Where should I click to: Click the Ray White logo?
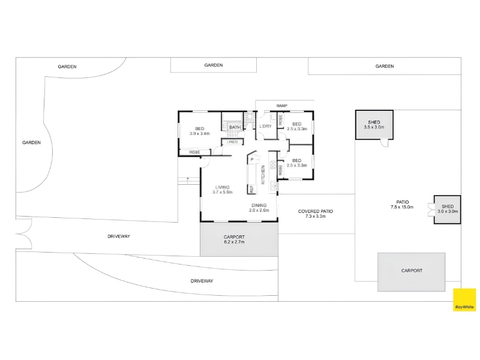tap(464, 299)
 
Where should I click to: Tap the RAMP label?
tap(281, 106)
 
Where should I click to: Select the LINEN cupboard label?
tap(233, 142)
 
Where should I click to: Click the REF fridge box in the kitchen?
tap(251, 189)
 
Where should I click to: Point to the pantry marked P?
tap(252, 159)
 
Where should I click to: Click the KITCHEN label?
tap(263, 175)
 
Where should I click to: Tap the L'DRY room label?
tap(265, 126)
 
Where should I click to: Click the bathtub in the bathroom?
tap(232, 117)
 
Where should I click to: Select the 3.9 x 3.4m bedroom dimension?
tap(200, 133)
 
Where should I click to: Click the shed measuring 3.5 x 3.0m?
tap(374, 125)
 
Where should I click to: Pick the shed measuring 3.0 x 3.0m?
tap(447, 209)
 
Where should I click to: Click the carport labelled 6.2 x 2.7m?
tap(239, 239)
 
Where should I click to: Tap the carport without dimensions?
tap(411, 272)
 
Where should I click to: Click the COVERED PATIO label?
tap(316, 211)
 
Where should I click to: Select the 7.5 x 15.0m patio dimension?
tap(402, 207)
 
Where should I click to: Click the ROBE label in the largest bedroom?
tap(194, 152)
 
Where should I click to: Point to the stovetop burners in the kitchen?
tap(272, 166)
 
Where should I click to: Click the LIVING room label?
tap(222, 187)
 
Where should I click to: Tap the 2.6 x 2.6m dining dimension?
tap(259, 211)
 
